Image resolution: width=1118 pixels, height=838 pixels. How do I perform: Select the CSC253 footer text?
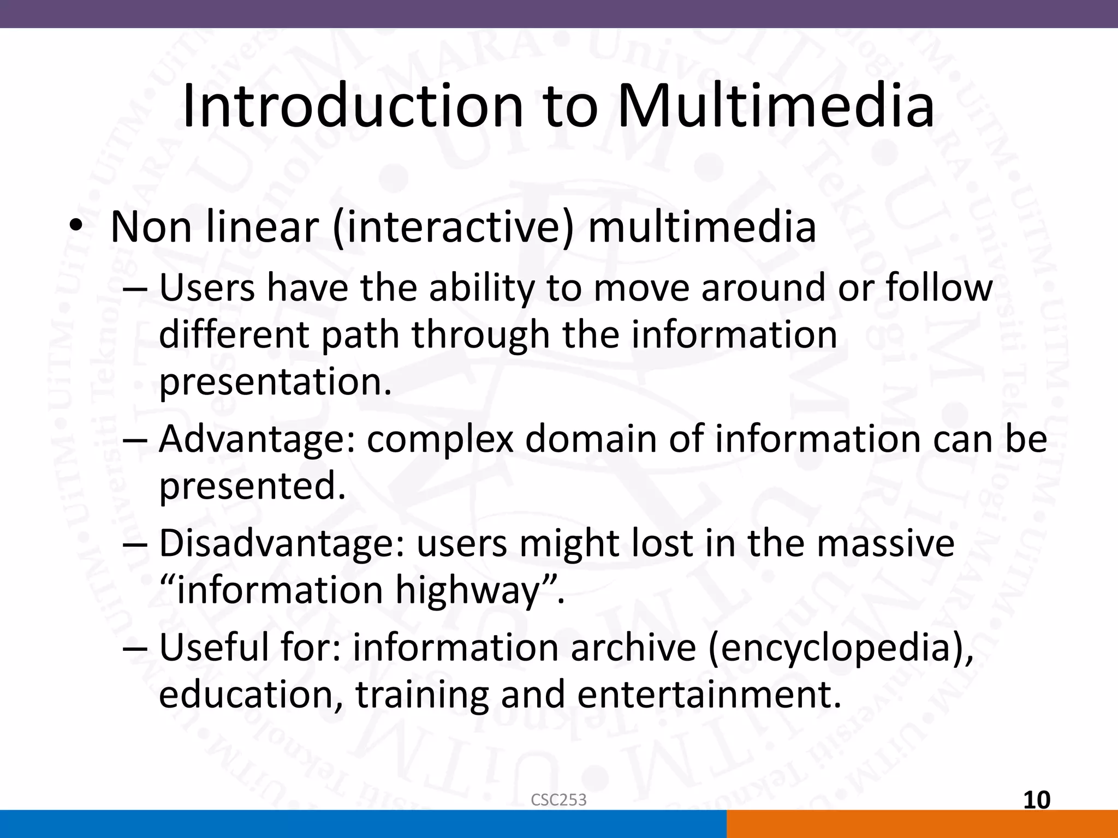pyautogui.click(x=558, y=800)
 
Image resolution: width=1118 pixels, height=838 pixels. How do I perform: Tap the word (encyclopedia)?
pyautogui.click(x=841, y=648)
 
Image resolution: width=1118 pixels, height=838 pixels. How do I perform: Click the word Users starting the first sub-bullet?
pyautogui.click(x=207, y=288)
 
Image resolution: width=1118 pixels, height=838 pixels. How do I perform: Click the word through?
pyautogui.click(x=480, y=334)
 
